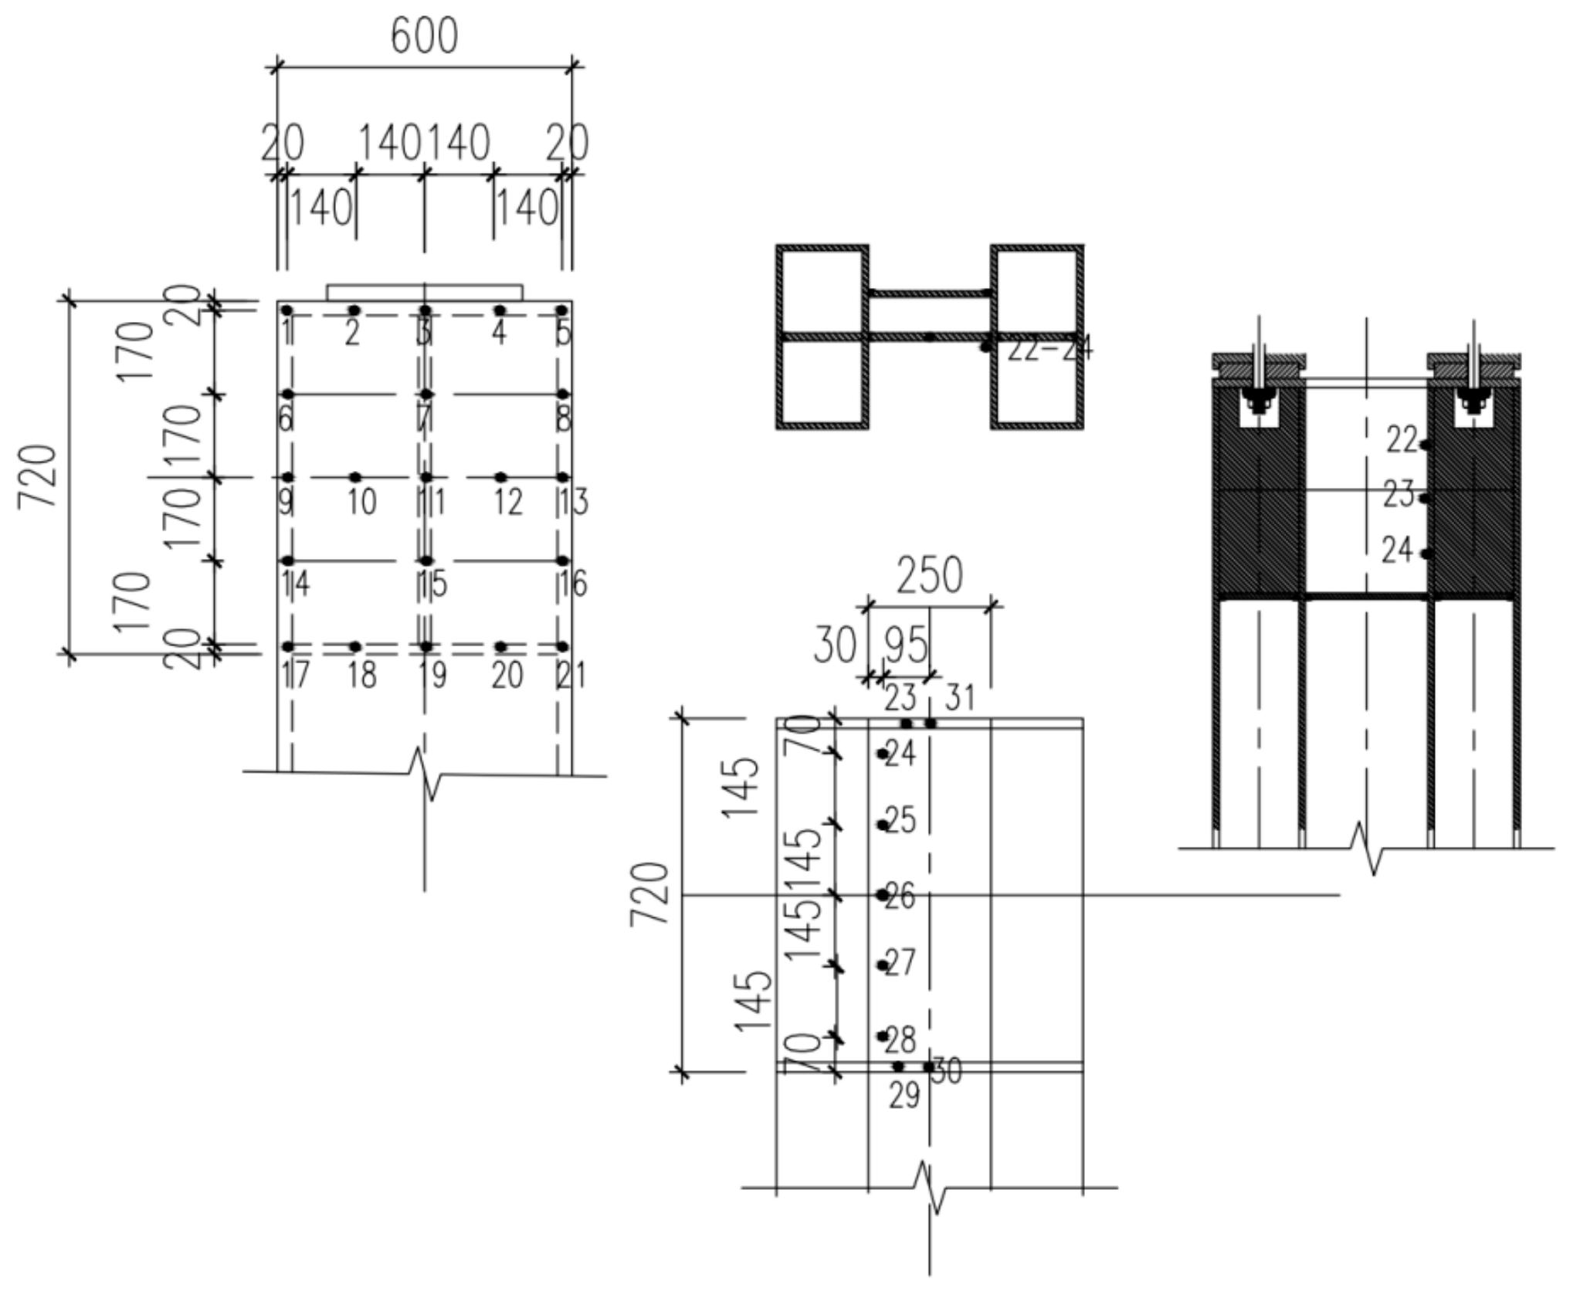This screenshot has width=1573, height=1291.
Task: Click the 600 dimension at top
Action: click(424, 36)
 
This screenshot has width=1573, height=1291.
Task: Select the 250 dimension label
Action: click(929, 575)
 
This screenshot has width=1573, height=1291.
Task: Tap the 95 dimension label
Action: click(905, 645)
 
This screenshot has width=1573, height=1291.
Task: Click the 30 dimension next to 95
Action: click(835, 645)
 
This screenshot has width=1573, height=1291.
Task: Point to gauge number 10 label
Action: click(361, 503)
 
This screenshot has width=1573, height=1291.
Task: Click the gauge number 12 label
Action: click(508, 503)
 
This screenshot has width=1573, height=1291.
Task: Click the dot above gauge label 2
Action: click(354, 310)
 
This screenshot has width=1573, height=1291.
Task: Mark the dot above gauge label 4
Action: click(500, 310)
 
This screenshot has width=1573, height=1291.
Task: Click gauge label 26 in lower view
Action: click(900, 896)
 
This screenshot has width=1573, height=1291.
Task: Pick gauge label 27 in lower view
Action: click(900, 963)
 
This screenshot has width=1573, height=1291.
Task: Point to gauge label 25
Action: click(900, 820)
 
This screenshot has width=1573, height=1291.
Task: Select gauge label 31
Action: click(960, 699)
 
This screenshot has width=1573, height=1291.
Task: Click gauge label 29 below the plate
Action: click(904, 1096)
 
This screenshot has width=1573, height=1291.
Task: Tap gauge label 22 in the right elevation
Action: click(1402, 441)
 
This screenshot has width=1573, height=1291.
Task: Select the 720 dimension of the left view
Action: click(38, 476)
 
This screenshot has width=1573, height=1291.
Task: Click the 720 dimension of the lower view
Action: click(649, 893)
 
